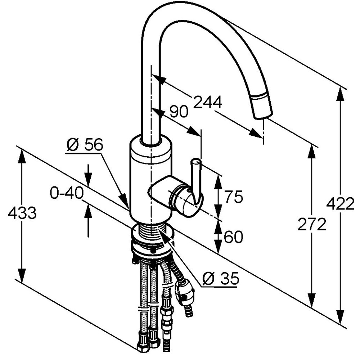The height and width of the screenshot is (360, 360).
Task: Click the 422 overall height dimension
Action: point(340,204)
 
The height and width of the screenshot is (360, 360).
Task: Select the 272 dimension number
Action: point(312,224)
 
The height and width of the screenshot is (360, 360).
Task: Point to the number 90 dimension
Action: point(179,112)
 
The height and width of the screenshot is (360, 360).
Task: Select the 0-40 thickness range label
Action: point(67,193)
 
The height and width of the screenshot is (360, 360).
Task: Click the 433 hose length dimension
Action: point(22,213)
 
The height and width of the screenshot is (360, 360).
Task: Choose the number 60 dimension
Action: point(233,237)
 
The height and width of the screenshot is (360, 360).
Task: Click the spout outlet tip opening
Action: point(264,116)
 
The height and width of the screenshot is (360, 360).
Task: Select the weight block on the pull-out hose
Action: point(185,291)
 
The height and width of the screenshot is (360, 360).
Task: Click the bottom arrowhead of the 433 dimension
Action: point(22,275)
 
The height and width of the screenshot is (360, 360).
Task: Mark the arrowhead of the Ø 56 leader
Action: point(124,201)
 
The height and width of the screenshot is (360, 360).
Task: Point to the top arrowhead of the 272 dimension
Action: point(311,152)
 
